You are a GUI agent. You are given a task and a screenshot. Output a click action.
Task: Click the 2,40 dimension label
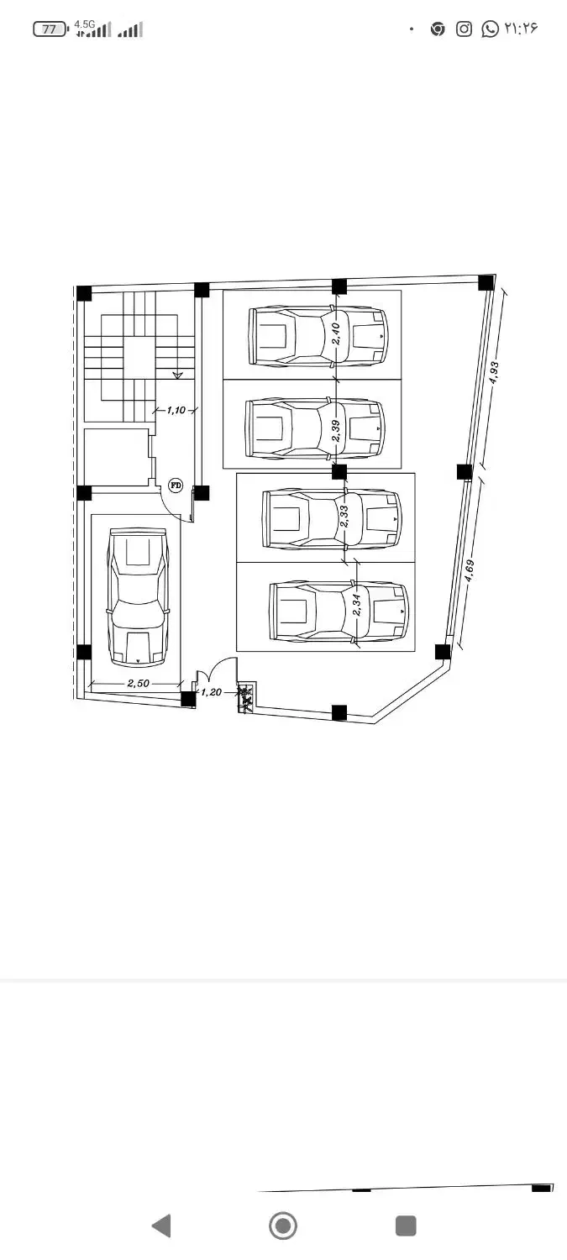pos(335,333)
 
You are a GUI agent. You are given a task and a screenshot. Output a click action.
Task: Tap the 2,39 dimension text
pos(336,430)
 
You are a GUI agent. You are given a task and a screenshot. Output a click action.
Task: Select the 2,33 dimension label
pos(344,516)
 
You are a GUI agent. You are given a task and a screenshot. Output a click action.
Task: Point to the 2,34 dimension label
pos(357,605)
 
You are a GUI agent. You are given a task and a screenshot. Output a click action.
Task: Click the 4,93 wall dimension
pos(494,372)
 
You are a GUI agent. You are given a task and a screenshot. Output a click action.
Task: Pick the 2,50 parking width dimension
pos(139,683)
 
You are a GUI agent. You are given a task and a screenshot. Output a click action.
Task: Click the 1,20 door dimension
pos(212,692)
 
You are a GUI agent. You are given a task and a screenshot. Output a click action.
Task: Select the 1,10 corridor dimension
pos(176,410)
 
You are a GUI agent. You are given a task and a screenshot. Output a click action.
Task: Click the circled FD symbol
pos(176,485)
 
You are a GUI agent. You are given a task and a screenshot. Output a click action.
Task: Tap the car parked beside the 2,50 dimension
pos(138,596)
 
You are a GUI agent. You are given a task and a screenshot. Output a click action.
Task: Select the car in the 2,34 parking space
pos(339,612)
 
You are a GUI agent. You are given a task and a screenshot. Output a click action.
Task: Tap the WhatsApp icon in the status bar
pos(490,29)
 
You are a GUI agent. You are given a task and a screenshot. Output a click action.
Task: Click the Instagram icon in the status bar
pos(464,29)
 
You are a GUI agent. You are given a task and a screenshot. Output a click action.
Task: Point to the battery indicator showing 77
pos(50,29)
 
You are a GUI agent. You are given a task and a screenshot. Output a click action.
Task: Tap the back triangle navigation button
pos(162,1225)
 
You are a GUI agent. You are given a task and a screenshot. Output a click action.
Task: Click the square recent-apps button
pos(406,1225)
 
